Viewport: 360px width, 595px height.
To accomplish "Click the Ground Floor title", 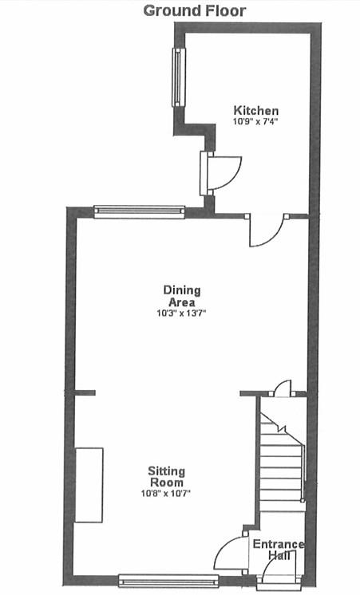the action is [x=195, y=10].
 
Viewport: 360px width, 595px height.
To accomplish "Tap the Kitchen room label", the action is [x=255, y=110].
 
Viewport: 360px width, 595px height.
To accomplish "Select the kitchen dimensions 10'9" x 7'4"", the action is [x=255, y=122].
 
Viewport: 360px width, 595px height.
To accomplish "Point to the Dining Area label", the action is [x=182, y=296].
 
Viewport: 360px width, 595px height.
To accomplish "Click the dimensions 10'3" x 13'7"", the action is [x=181, y=313].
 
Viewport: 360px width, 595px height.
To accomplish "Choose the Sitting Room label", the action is [x=166, y=477].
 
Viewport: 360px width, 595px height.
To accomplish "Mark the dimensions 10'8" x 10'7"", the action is [x=165, y=494].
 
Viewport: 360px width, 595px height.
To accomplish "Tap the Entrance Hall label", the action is [x=279, y=550].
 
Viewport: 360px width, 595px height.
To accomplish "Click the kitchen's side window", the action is [x=179, y=77].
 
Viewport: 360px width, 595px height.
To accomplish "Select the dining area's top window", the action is [x=140, y=211].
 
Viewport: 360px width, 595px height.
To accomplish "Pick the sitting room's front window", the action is [x=168, y=581].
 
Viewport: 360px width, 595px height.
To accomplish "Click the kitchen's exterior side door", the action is [x=220, y=173].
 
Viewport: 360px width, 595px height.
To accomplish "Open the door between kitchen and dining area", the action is [x=267, y=231].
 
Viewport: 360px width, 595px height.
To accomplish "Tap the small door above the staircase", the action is [x=283, y=389].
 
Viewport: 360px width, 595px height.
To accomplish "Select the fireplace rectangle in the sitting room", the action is [x=89, y=485].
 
